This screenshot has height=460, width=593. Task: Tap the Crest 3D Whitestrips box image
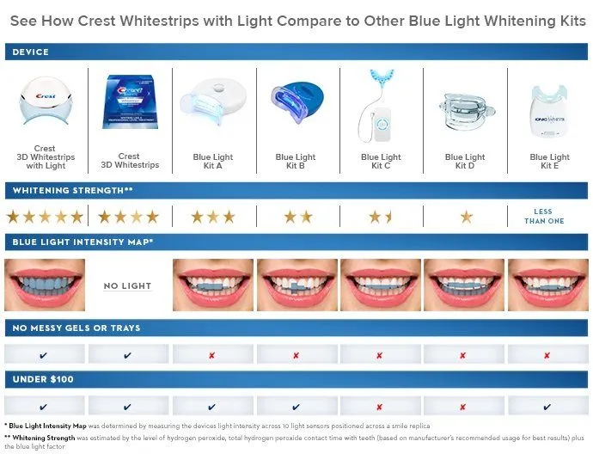(129, 103)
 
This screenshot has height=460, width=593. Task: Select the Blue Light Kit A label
(213, 162)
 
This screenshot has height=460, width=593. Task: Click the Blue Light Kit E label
(549, 162)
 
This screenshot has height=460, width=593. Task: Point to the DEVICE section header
(31, 52)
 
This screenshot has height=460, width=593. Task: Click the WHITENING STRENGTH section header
(72, 189)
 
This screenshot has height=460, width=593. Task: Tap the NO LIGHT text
(127, 285)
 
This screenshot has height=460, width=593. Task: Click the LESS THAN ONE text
(544, 217)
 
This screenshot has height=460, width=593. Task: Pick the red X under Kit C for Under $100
(379, 407)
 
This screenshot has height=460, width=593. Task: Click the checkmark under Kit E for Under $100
(547, 407)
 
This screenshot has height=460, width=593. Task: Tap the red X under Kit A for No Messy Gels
(212, 355)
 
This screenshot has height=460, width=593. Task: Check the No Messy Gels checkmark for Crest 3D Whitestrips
(128, 355)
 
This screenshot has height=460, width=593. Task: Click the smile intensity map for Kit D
(464, 285)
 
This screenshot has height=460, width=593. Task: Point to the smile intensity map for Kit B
(296, 285)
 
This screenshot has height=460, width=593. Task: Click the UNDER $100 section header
(42, 379)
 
